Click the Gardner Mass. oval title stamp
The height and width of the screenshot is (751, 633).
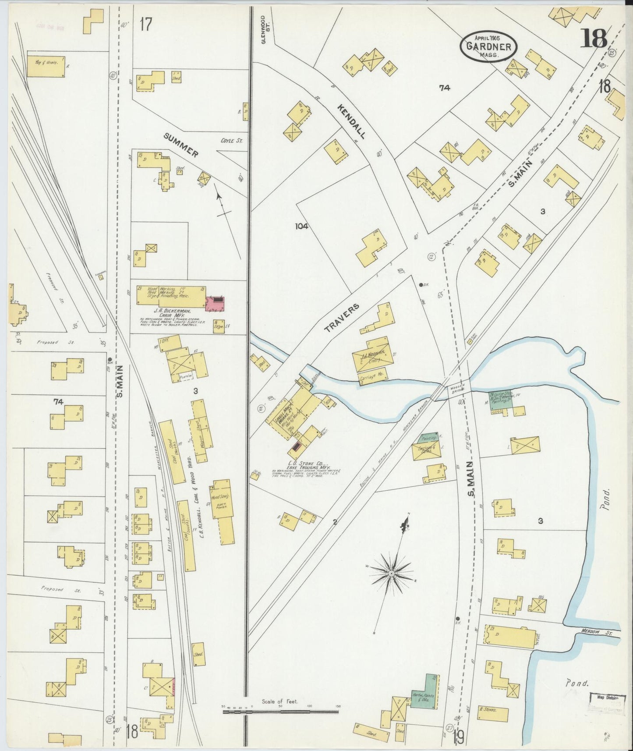point(488,46)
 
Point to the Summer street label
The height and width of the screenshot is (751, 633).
point(181,145)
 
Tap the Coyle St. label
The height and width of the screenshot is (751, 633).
point(231,141)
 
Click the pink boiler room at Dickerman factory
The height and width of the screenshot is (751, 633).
point(215,303)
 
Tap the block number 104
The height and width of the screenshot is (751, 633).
point(301,227)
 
